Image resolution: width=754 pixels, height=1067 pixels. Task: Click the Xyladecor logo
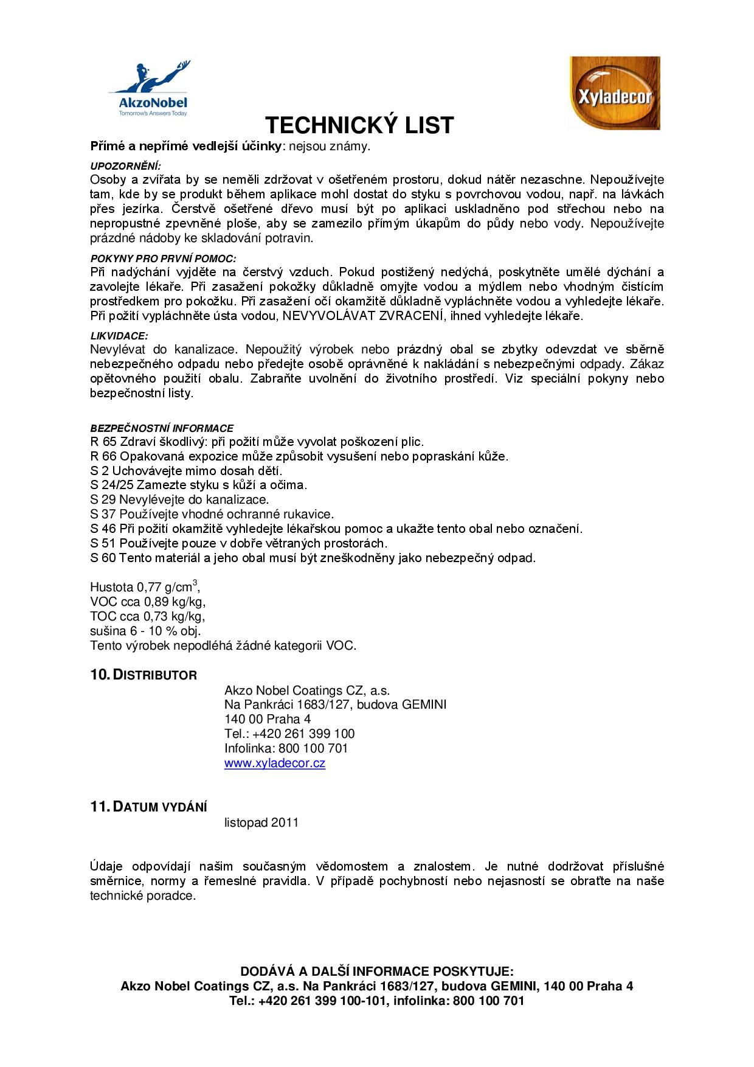point(615,93)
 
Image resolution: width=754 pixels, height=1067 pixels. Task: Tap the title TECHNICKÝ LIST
point(359,125)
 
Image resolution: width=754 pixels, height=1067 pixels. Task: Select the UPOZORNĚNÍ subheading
point(126,166)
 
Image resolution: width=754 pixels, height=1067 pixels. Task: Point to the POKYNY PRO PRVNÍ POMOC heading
point(163,259)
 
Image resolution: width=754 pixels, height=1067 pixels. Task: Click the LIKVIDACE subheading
point(119,336)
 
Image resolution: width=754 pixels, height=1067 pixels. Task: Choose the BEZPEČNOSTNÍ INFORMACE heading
point(162,428)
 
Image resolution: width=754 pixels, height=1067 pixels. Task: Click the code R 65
point(103,442)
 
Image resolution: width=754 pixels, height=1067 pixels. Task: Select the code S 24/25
point(111,485)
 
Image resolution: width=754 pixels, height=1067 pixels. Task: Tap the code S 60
point(103,558)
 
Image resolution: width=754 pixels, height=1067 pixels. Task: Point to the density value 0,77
point(149,588)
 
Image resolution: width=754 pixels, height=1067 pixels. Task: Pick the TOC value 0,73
point(156,617)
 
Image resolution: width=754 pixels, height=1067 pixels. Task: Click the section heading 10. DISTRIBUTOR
point(144,675)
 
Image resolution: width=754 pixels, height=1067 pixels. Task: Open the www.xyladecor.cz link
point(275,763)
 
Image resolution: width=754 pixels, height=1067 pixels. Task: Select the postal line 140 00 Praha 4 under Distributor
point(268,719)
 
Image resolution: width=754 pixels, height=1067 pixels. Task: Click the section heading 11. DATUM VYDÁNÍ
point(148,807)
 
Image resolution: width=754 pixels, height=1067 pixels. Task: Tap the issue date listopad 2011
point(261,822)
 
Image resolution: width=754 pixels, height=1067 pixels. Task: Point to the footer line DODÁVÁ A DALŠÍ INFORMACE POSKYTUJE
point(377,971)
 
